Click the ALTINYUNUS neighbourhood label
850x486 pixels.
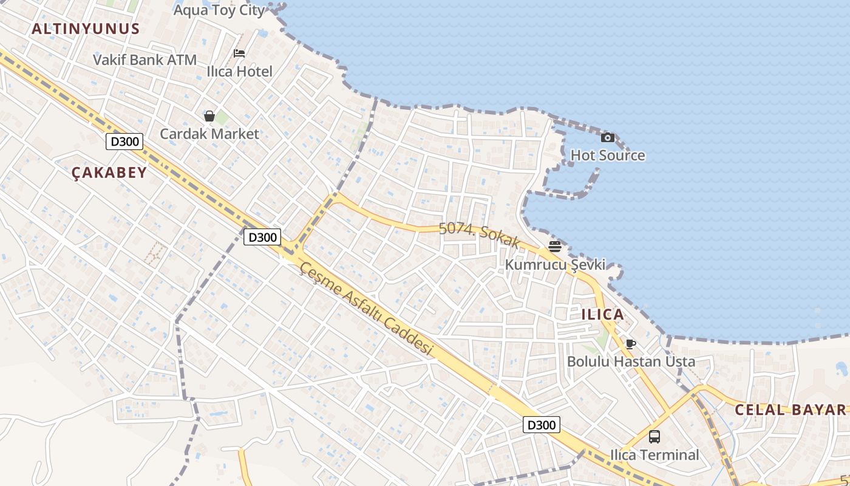tap(86, 29)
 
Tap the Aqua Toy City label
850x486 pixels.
tap(219, 10)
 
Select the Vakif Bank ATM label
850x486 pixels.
tap(144, 60)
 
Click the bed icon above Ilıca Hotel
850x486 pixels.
tap(239, 53)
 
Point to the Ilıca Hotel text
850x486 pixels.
tap(239, 71)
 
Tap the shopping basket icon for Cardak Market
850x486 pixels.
tap(209, 115)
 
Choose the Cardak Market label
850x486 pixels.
tap(209, 134)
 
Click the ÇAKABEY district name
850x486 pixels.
tap(109, 173)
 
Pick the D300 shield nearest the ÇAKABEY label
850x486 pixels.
tap(124, 142)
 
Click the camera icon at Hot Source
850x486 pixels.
tap(607, 138)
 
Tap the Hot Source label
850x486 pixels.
tap(608, 156)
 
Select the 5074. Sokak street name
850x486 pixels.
tap(479, 235)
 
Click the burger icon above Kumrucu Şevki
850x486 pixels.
tap(555, 246)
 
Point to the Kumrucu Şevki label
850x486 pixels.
tap(555, 265)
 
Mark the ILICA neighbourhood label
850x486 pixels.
tap(603, 314)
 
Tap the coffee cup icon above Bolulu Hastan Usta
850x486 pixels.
tap(631, 344)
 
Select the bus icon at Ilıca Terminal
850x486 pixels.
tap(654, 436)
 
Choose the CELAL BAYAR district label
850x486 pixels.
tap(790, 409)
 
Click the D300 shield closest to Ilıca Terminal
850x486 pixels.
tap(541, 425)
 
